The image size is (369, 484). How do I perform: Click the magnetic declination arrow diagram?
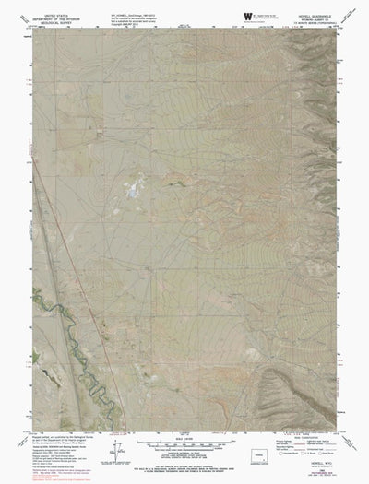[x=113, y=452]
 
